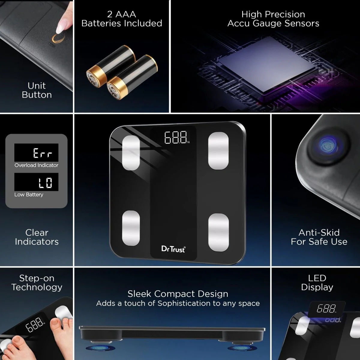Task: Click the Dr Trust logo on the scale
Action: pos(173,249)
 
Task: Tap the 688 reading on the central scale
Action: pos(176,137)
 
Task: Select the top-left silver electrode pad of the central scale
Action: pos(131,153)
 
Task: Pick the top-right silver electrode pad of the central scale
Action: pos(218,151)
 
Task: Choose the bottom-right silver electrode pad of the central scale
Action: pos(219,232)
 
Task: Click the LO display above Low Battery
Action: pos(45,182)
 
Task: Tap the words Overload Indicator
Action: pos(36,165)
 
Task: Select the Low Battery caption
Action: pos(29,195)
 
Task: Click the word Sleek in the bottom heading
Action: pos(139,294)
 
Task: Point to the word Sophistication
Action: pos(184,304)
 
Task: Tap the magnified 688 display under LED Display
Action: pos(326,309)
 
